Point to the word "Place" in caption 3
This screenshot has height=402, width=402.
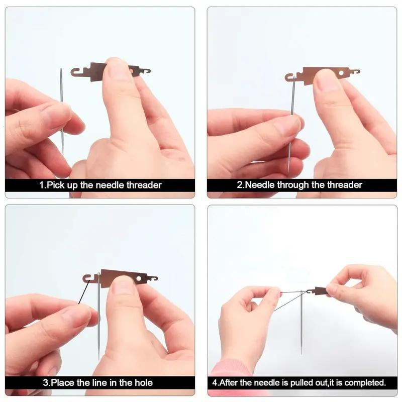62,382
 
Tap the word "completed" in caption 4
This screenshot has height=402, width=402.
365,382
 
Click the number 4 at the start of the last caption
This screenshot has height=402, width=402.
215,382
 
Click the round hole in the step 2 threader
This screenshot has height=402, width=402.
342,73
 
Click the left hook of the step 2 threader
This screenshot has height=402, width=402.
290,77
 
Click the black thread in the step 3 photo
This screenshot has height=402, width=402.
83,293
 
